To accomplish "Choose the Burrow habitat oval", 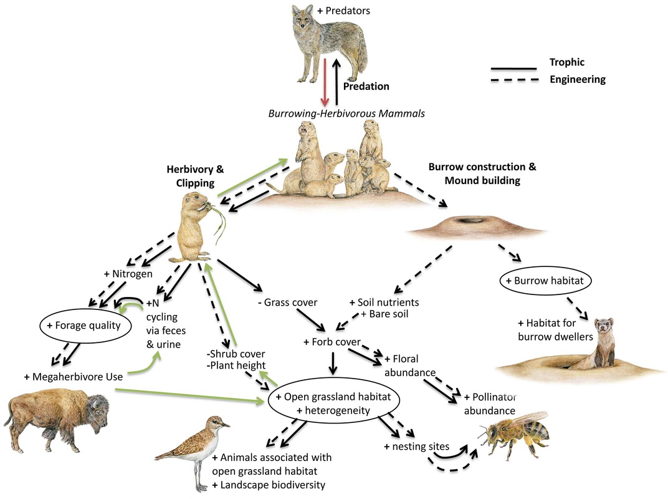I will coord(545,281).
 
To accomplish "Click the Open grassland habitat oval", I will coord(334,404).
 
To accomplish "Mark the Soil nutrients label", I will coord(384,303).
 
